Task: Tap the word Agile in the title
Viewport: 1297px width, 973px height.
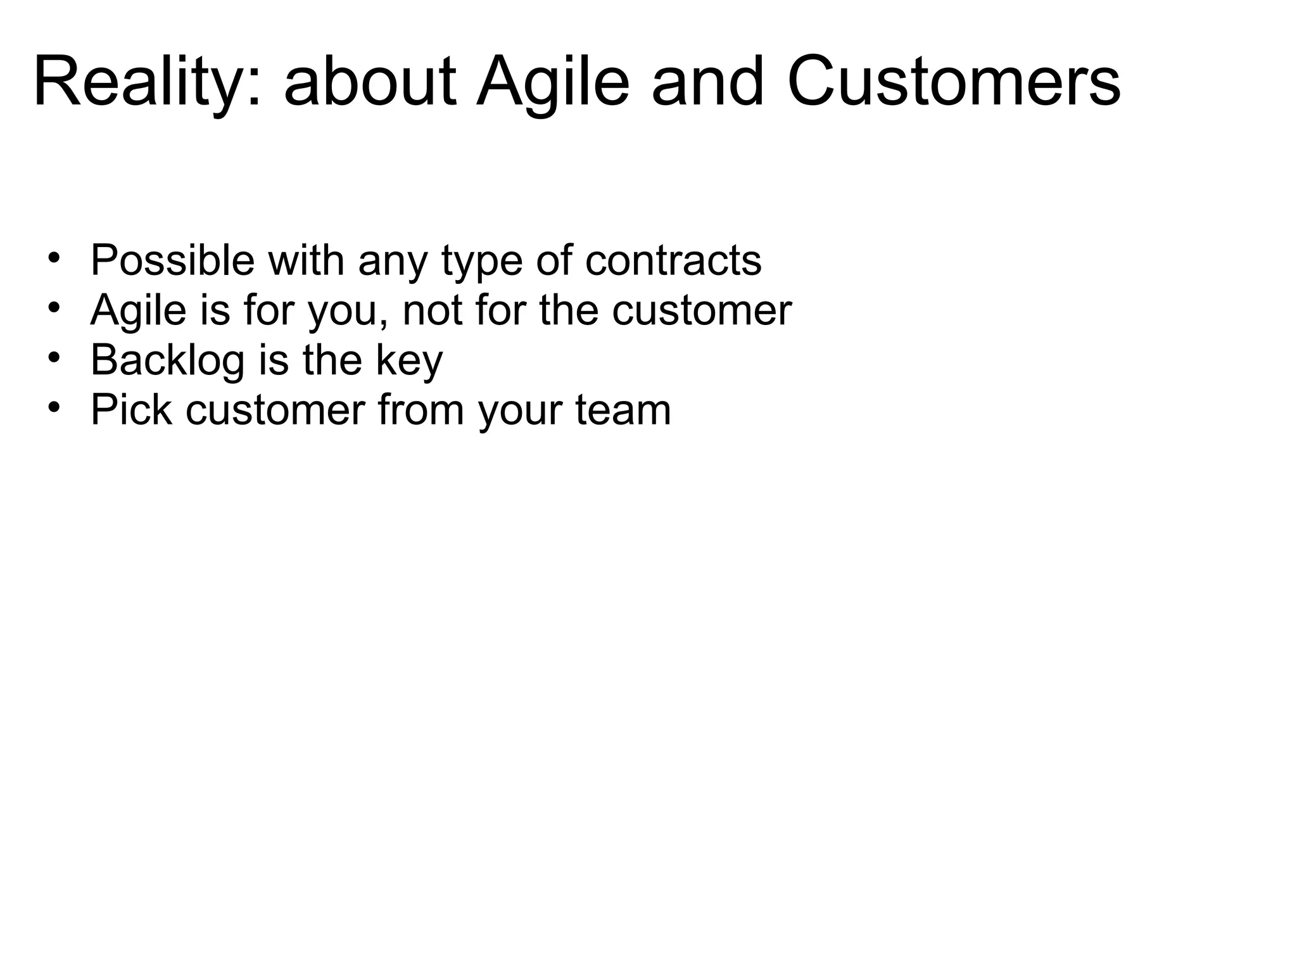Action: pos(552,83)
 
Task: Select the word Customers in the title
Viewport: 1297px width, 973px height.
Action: pos(954,83)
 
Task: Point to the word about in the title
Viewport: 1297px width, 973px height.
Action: pos(370,83)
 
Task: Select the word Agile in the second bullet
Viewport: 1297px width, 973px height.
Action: pos(139,311)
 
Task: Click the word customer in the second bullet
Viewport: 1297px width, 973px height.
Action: pos(702,310)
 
